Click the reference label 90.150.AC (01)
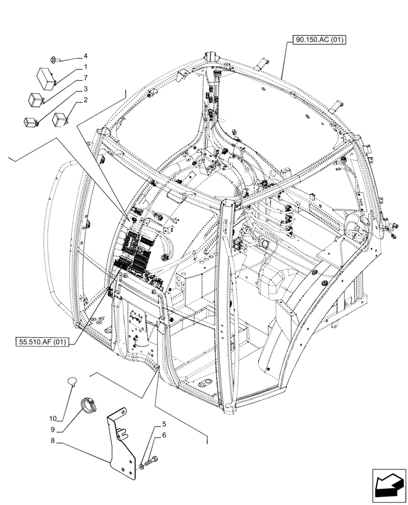pyautogui.click(x=318, y=40)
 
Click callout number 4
pyautogui.click(x=85, y=56)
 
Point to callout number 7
pyautogui.click(x=85, y=78)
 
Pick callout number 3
pyautogui.click(x=85, y=89)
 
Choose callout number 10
pyautogui.click(x=53, y=418)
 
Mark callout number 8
pyautogui.click(x=53, y=440)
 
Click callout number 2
pyautogui.click(x=85, y=100)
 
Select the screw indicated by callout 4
pyautogui.click(x=56, y=60)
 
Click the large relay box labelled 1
pyautogui.click(x=44, y=76)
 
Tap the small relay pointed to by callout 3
pyautogui.click(x=30, y=121)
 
